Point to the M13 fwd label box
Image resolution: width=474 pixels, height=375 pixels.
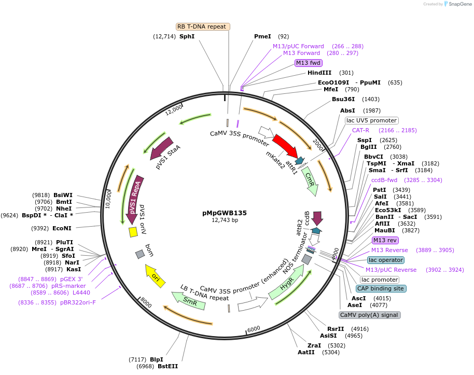pyautogui.click(x=308, y=63)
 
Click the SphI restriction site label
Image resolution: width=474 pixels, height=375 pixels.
pyautogui.click(x=187, y=36)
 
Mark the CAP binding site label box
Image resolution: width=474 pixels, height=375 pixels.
pyautogui.click(x=381, y=288)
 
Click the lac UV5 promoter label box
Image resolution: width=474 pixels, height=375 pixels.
pyautogui.click(x=371, y=120)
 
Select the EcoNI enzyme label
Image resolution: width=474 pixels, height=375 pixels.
pyautogui.click(x=62, y=228)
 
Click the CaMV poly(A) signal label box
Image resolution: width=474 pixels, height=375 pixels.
pyautogui.click(x=369, y=315)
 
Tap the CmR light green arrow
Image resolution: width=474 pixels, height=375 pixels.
pyautogui.click(x=311, y=180)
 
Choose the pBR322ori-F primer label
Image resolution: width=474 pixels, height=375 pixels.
pyautogui.click(x=78, y=302)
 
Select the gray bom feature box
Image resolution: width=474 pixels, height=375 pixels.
pyautogui.click(x=140, y=254)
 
